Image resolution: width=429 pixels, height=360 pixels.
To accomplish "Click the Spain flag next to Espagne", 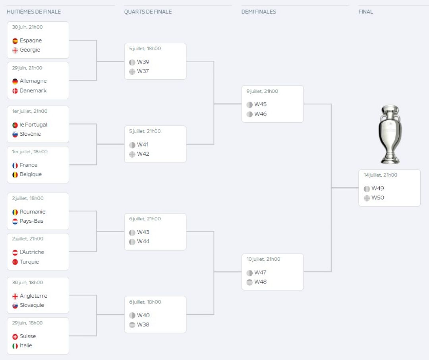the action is (15, 41).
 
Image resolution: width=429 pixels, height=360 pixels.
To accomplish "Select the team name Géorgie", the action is (30, 50).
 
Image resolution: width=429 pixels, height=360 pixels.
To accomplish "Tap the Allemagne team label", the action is (33, 81).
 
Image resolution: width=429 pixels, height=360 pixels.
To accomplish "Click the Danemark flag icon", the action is (15, 91).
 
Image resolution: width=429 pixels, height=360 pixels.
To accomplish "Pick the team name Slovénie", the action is (30, 134).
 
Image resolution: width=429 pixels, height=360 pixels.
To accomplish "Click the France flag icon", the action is (15, 166).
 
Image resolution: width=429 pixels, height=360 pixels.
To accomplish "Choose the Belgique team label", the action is (31, 174).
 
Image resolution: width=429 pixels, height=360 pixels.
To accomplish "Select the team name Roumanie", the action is (33, 212).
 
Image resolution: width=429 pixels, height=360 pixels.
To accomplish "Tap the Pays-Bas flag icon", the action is (15, 221).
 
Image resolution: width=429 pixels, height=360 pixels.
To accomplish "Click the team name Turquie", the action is (29, 262).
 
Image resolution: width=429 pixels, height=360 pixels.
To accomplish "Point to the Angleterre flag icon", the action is (15, 296).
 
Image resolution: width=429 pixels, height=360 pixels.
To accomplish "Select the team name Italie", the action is (26, 345).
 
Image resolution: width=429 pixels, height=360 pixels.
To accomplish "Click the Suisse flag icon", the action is (15, 337).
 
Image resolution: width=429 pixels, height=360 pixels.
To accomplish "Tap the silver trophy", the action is (390, 135).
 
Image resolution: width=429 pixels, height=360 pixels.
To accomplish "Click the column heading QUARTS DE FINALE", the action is (148, 12).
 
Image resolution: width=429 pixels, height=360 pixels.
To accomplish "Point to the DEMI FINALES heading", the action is (259, 12).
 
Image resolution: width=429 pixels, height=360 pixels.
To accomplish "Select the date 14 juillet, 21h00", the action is (380, 175).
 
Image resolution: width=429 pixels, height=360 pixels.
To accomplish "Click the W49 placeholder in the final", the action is (378, 189).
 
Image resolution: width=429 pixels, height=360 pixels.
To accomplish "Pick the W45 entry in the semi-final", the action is (260, 104).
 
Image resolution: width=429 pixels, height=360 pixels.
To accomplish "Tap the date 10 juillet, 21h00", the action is (263, 259).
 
